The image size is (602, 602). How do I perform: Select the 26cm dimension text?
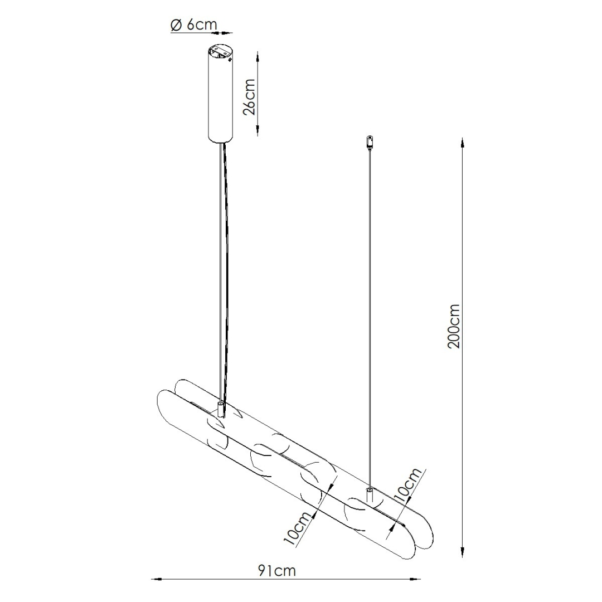[x=249, y=96]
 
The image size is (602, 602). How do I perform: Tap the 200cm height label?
[x=454, y=326]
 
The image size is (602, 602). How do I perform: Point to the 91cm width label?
[x=276, y=570]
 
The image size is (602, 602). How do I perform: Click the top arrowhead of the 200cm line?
[x=462, y=142]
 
